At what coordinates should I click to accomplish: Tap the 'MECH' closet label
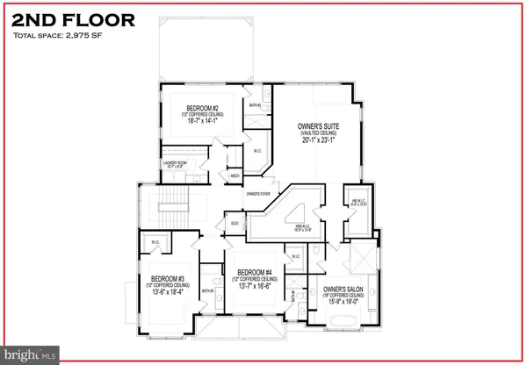click(234, 175)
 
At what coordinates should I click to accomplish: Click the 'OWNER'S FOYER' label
click(257, 192)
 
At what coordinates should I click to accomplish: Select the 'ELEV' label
click(235, 224)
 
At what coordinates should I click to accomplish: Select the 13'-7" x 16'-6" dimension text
click(260, 286)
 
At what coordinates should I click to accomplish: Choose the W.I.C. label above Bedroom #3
click(155, 243)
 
